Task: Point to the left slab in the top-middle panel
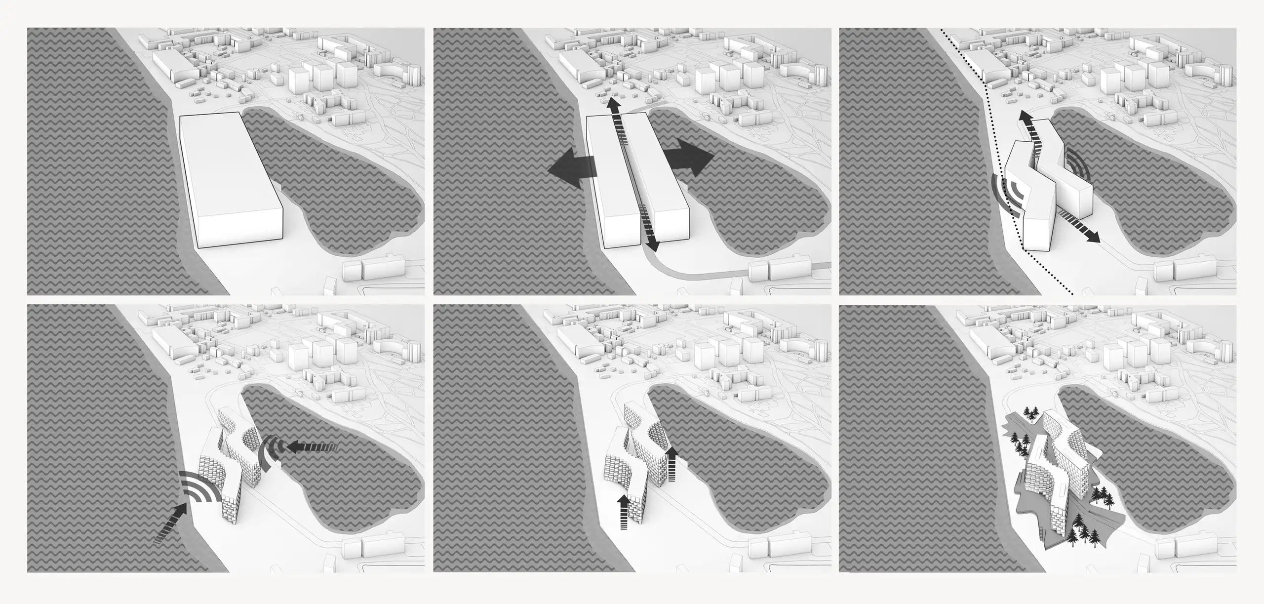pos(612,188)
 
